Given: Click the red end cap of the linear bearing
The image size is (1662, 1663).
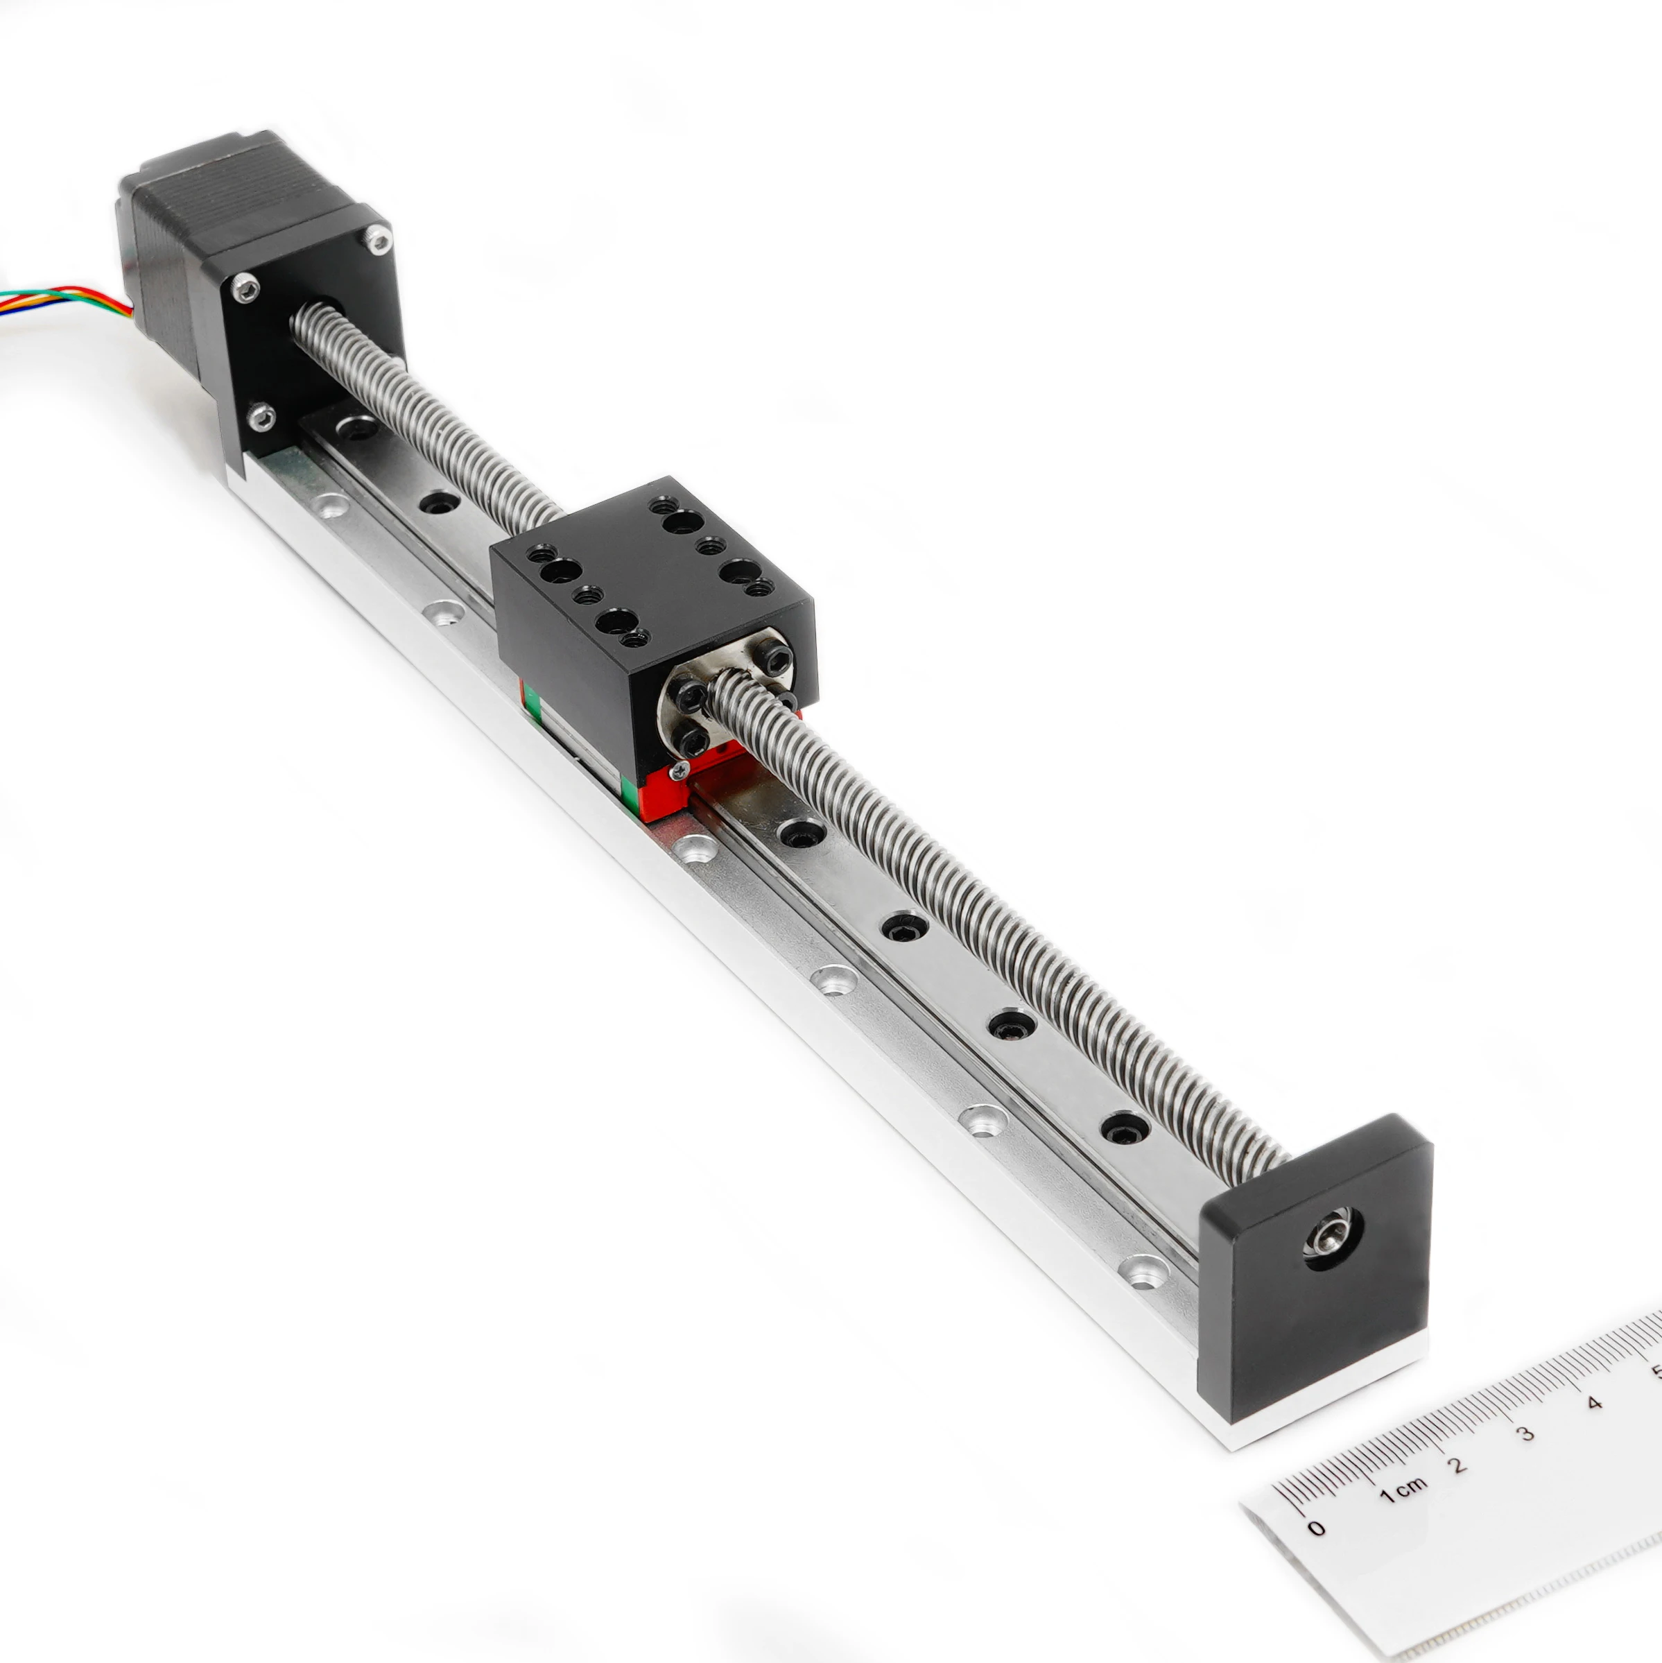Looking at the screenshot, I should (x=667, y=792).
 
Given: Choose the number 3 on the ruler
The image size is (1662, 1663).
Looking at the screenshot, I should (x=1525, y=1433).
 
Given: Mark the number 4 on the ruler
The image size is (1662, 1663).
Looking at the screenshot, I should (x=1594, y=1403).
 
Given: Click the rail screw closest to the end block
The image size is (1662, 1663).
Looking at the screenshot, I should (x=1123, y=1128).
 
